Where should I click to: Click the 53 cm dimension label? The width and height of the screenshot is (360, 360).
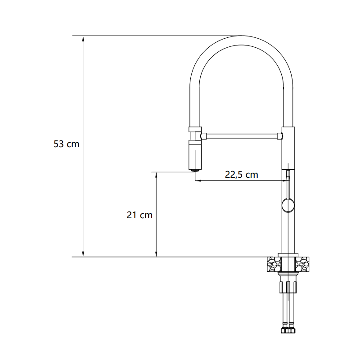click(x=66, y=144)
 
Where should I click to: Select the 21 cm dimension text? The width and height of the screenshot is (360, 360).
click(x=139, y=215)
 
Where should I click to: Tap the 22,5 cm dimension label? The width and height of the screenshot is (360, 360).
click(x=241, y=175)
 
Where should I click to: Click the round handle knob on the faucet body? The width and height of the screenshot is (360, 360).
click(x=288, y=205)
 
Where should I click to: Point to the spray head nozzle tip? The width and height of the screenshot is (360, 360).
click(x=195, y=171)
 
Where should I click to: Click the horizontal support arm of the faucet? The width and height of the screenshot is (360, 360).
click(x=242, y=136)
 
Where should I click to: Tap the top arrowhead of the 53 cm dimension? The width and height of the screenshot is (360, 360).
click(x=83, y=39)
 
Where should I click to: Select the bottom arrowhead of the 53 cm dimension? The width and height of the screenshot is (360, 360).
click(x=83, y=254)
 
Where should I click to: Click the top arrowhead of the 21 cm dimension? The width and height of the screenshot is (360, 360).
click(x=156, y=175)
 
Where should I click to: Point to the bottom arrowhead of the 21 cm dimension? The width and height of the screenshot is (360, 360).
click(x=156, y=254)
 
